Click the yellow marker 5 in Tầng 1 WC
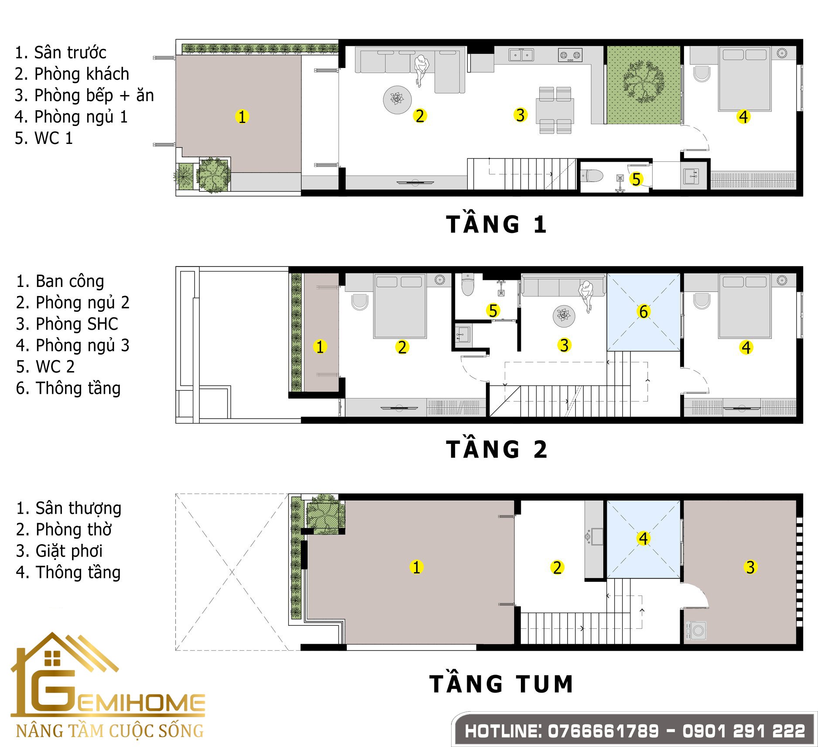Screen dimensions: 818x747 pos(636,179)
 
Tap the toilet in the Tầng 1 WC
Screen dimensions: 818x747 pos(592,176)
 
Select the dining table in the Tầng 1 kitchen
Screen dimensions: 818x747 pos(555,110)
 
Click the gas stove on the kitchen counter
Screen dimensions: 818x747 pos(570,55)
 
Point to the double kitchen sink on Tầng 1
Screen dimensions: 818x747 pos(521,55)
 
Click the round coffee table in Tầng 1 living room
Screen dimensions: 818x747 pos(397,100)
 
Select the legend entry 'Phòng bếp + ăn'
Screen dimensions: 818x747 pos(84,96)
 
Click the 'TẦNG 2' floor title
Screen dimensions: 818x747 pos(496,450)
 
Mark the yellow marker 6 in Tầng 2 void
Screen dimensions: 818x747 pos(643,311)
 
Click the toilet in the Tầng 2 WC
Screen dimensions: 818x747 pos(468,284)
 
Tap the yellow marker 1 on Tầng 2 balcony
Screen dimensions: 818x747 pos(320,347)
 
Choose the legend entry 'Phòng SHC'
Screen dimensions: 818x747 pos(67,324)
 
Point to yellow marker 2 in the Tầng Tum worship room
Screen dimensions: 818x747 pos(557,567)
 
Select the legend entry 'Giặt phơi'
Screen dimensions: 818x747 pos(59,551)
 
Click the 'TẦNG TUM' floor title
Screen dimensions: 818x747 pos(501,684)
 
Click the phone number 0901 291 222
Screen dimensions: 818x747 pos(744,731)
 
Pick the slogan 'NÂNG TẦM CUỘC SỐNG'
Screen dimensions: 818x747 pos(110,730)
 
